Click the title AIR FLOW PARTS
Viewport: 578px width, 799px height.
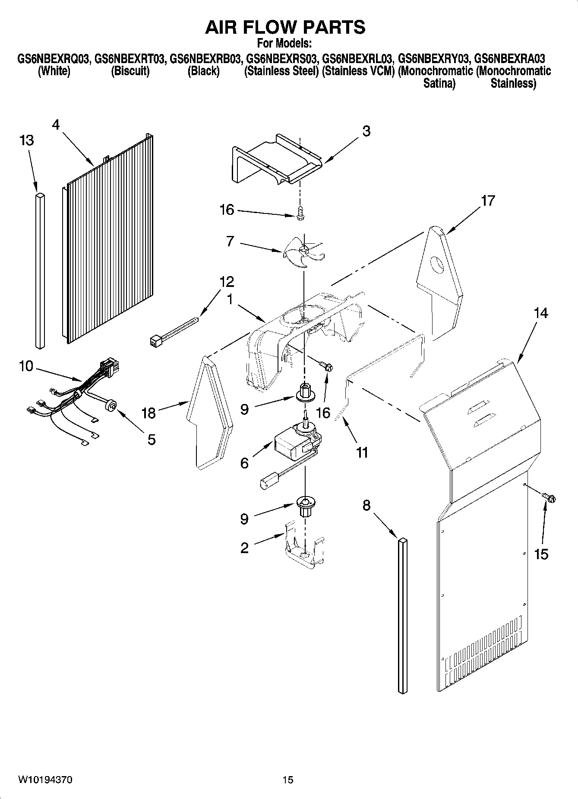pos(285,27)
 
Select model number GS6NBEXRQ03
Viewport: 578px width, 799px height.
pos(53,58)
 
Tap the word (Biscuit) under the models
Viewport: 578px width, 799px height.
pos(130,71)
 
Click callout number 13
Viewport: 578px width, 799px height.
pos(27,140)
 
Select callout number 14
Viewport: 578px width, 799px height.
pos(540,313)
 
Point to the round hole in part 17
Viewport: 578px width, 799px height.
pos(437,264)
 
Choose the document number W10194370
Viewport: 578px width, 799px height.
pos(45,780)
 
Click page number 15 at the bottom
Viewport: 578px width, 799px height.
pos(288,780)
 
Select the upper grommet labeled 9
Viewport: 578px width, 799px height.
pos(305,390)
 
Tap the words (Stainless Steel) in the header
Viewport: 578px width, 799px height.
pos(281,71)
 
